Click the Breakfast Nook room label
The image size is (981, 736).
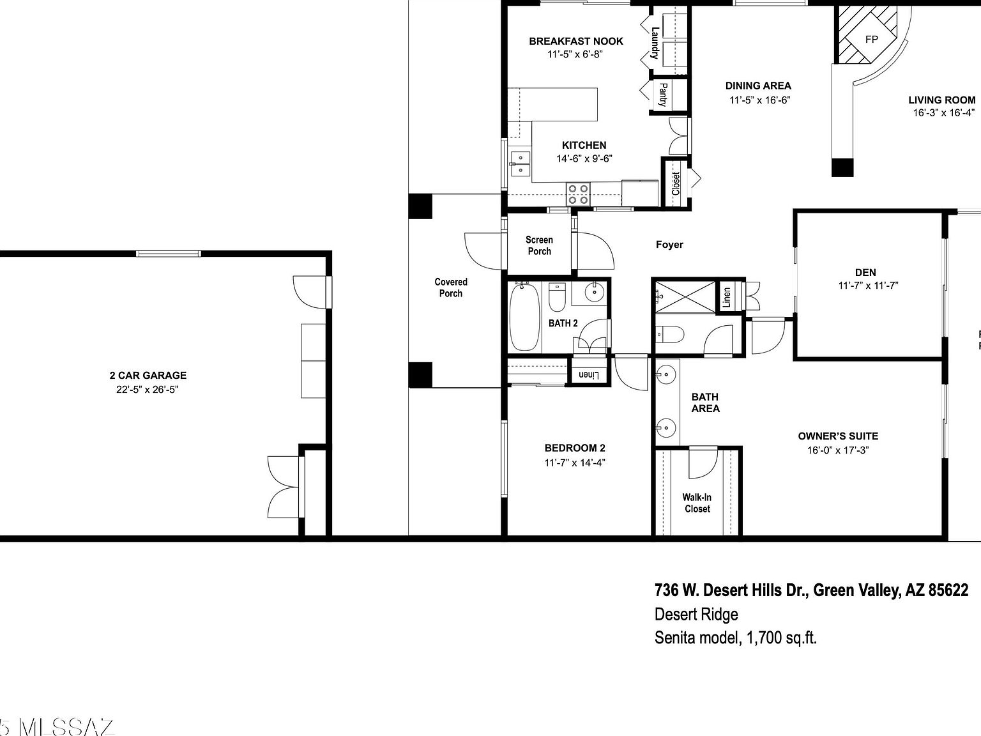click(x=575, y=42)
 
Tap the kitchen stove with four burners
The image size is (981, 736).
click(x=579, y=194)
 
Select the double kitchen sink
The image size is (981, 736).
click(x=521, y=164)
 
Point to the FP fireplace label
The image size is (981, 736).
click(x=871, y=39)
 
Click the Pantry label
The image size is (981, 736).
click(x=663, y=95)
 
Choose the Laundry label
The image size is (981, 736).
click(x=655, y=42)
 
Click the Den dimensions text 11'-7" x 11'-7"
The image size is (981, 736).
click(x=868, y=286)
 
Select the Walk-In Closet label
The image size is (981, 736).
click(x=697, y=503)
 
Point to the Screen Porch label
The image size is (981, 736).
click(x=539, y=245)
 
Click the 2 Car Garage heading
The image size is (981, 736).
click(x=148, y=376)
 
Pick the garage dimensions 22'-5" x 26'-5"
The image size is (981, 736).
click(x=148, y=390)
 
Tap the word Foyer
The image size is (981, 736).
click(x=669, y=245)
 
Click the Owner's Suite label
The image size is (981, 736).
click(x=838, y=436)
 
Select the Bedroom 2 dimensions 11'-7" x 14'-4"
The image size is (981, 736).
click(x=574, y=463)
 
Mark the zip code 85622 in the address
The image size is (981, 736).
click(x=948, y=590)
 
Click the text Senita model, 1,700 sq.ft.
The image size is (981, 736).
click(x=735, y=638)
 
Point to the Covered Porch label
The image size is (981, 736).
click(x=451, y=287)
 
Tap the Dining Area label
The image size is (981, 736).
click(x=758, y=86)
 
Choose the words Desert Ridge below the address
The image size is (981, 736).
click(x=696, y=615)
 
